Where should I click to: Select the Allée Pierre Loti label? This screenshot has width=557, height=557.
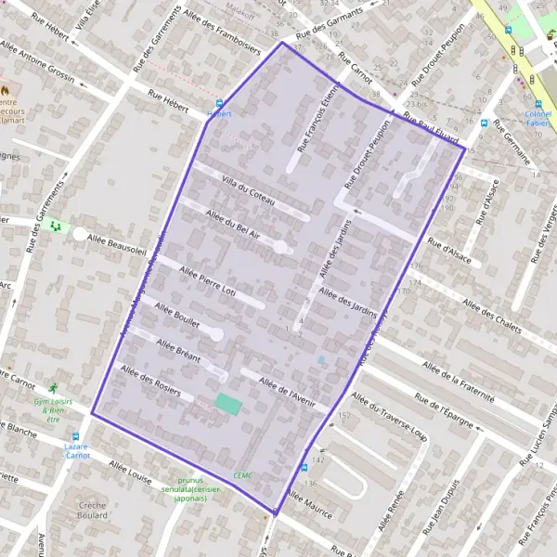click(206, 279)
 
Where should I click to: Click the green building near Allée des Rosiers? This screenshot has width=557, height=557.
click(227, 404)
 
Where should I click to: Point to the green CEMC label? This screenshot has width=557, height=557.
click(243, 474)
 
